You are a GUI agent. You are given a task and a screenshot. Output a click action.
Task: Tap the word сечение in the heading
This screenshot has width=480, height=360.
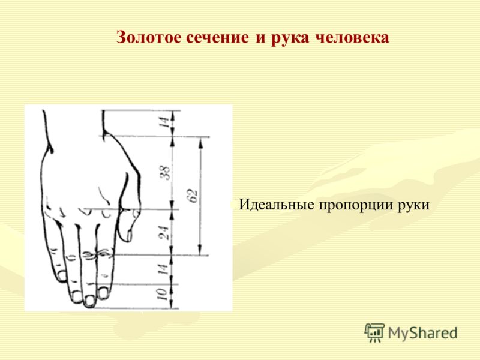[217, 38]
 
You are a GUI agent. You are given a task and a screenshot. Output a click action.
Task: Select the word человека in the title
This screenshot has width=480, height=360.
[352, 38]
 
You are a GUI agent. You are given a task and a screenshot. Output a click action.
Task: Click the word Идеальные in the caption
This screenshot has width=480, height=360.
[277, 205]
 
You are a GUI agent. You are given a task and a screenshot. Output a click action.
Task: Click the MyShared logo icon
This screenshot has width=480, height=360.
[374, 332]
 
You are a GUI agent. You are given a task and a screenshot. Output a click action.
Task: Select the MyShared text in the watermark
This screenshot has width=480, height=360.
[423, 333]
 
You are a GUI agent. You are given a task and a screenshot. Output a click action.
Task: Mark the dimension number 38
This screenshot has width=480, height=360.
[164, 173]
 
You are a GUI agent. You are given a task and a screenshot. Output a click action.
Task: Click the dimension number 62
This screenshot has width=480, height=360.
[193, 196]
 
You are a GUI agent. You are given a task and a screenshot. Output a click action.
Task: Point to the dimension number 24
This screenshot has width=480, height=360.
[164, 233]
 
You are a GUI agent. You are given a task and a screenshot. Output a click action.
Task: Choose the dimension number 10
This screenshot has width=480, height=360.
[162, 295]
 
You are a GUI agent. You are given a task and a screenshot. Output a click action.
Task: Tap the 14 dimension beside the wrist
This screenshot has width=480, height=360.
[164, 122]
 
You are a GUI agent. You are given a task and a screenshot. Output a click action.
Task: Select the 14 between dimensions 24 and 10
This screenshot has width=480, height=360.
[163, 269]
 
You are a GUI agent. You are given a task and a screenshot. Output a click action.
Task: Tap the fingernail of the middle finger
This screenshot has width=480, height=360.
[89, 301]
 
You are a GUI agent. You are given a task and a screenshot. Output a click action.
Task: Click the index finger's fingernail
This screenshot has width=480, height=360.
[103, 293]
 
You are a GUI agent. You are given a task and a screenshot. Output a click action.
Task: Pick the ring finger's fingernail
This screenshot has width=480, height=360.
[76, 296]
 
